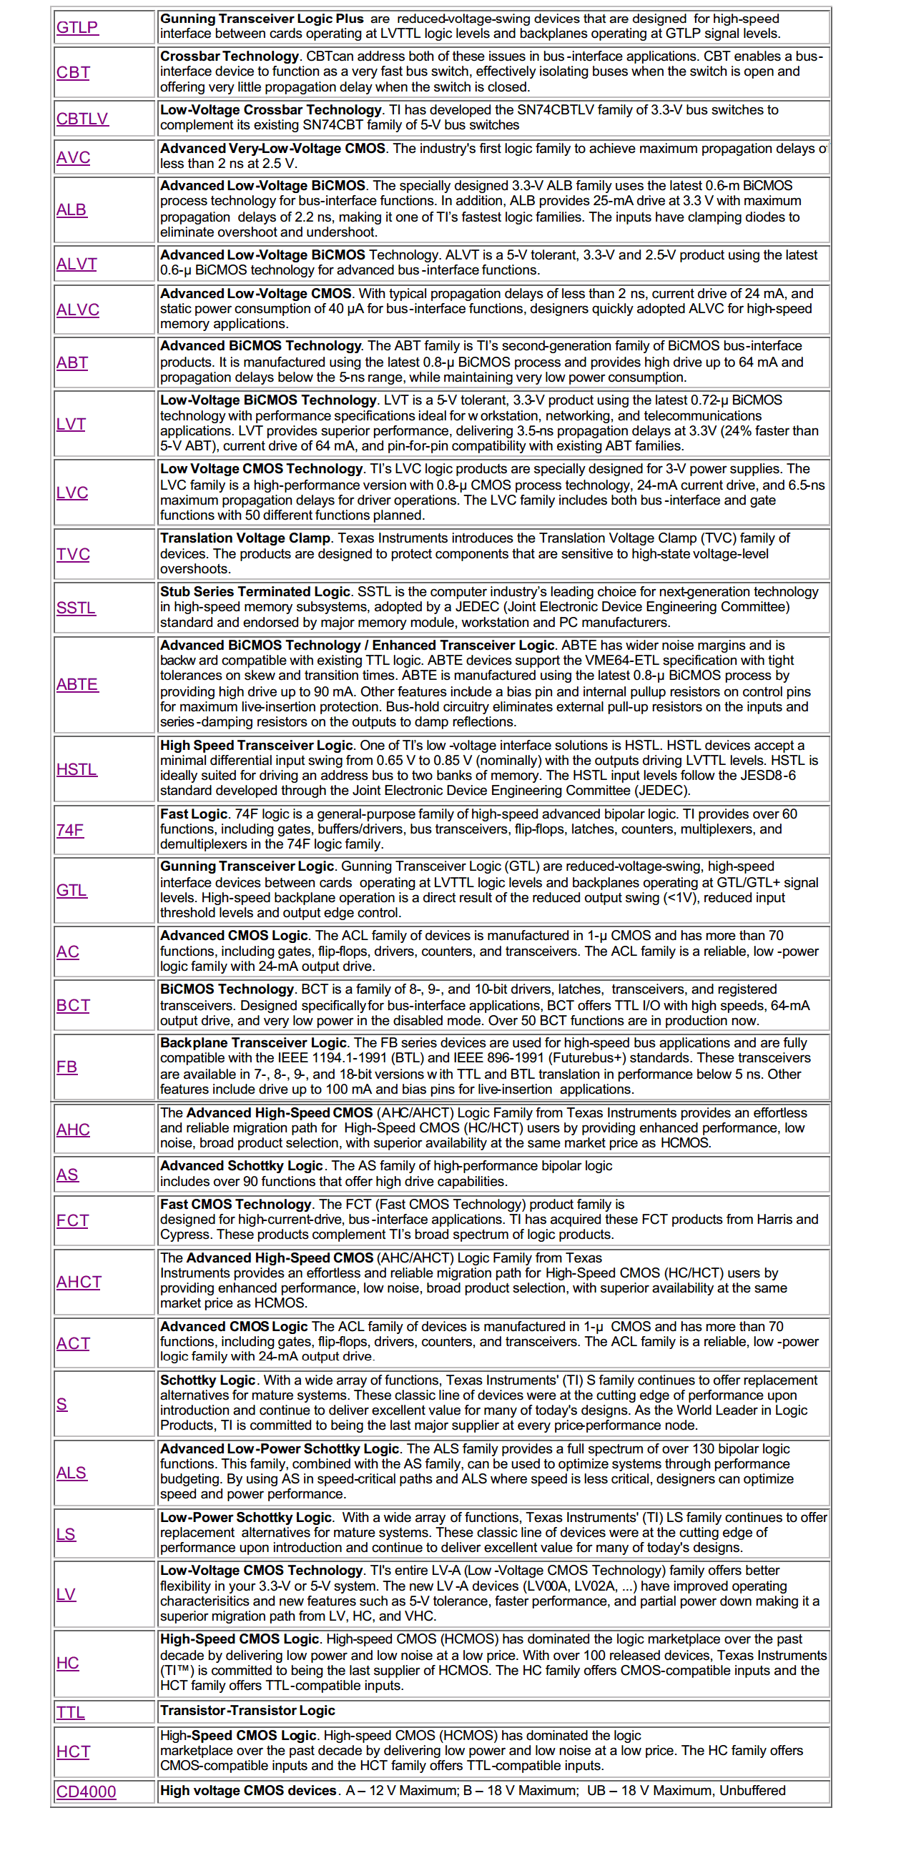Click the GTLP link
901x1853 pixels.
coord(77,27)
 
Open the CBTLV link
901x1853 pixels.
coord(82,119)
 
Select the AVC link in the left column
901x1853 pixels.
coord(74,157)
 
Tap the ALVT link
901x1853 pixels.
coord(77,264)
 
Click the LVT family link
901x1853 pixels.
coord(72,424)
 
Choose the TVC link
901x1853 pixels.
coord(74,554)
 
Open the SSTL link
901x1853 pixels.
coord(76,608)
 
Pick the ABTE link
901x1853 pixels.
coord(77,684)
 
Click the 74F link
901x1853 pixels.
coord(70,830)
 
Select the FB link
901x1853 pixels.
coord(67,1067)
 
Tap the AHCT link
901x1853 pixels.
coord(79,1282)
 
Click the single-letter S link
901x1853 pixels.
coord(62,1404)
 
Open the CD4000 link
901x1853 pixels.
coord(86,1792)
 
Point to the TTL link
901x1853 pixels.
coord(71,1712)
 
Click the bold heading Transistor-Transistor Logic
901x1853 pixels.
coord(247,1711)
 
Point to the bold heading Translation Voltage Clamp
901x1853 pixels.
coord(245,538)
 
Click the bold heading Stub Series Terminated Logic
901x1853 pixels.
coord(255,591)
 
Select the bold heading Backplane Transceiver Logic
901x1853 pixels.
coord(253,1043)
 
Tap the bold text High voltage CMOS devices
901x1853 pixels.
coord(248,1790)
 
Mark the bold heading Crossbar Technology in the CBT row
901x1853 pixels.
coord(230,56)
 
